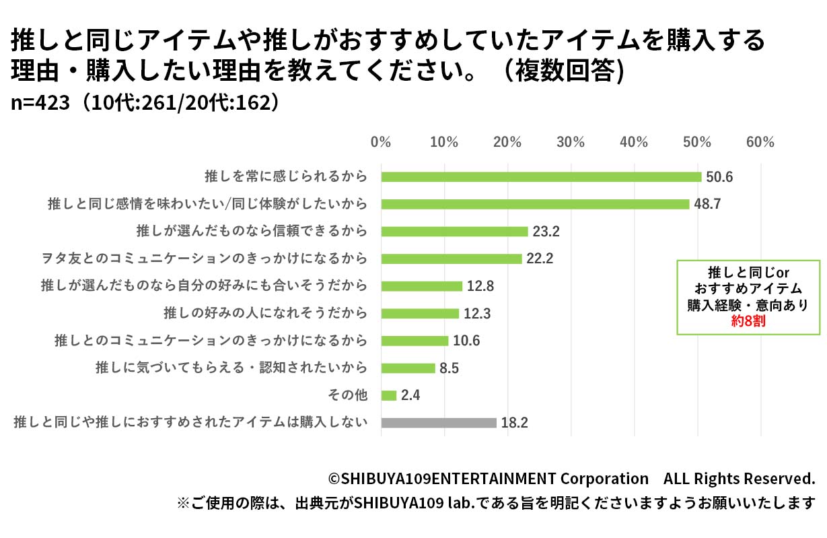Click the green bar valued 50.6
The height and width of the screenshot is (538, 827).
pos(541,176)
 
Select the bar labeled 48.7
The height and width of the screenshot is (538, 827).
pos(535,204)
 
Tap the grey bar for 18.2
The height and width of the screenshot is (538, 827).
pos(439,423)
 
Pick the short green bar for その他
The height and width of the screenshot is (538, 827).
pos(389,395)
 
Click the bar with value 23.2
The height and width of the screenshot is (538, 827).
pos(454,231)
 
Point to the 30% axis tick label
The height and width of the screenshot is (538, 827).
pos(571,142)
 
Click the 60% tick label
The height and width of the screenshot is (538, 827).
pos(760,142)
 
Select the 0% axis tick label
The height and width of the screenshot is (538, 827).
pos(381,142)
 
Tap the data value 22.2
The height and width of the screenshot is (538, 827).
pos(540,259)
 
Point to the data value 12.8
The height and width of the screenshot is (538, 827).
pos(480,286)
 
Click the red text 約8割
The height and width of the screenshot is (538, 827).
pos(748,322)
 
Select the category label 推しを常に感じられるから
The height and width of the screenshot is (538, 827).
pos(286,176)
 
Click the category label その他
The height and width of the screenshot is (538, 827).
pos(351,395)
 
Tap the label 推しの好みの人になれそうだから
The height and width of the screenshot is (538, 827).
pos(266,313)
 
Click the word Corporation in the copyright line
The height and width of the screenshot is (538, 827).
pos(604,479)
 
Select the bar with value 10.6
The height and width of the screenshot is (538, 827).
pos(415,341)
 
